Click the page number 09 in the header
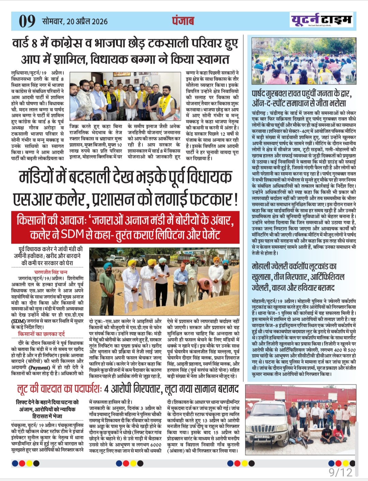(27, 21)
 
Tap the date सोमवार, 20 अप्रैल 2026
(75, 21)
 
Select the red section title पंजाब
(183, 21)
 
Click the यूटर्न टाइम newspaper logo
(321, 20)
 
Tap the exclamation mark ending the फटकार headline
(235, 200)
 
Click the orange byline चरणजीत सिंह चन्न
(50, 272)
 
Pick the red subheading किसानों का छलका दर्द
(41, 334)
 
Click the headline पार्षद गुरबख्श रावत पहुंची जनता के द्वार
(302, 94)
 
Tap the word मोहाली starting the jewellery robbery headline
(263, 266)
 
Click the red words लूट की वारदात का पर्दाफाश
(59, 389)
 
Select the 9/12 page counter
(341, 472)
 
